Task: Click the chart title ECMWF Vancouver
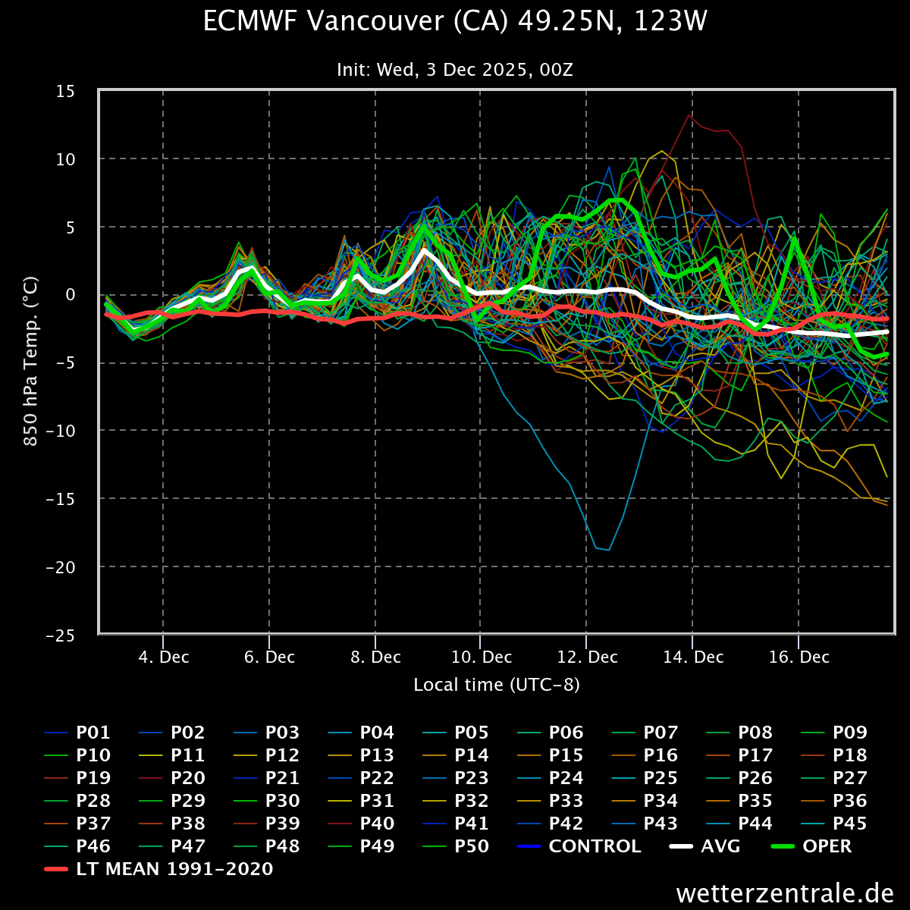[x=455, y=21]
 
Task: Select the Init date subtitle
[x=455, y=70]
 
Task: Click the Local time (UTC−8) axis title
[x=497, y=685]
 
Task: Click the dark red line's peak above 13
[x=689, y=115]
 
